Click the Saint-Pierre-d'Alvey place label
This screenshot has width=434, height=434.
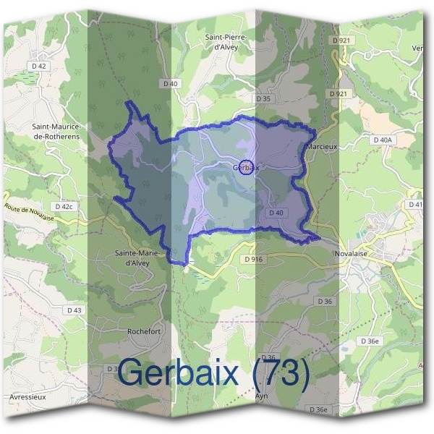coord(226,43)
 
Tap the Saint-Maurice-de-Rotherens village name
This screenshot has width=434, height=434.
coord(56,130)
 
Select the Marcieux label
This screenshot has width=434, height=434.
coord(321,146)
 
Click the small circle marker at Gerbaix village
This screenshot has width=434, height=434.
coord(246,167)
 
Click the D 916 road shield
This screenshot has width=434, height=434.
coord(253,259)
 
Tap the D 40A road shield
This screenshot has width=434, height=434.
coord(383,140)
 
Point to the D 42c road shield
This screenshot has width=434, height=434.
coord(64,207)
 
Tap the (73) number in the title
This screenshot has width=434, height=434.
coord(279,373)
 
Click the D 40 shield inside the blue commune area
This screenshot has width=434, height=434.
coord(276,213)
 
